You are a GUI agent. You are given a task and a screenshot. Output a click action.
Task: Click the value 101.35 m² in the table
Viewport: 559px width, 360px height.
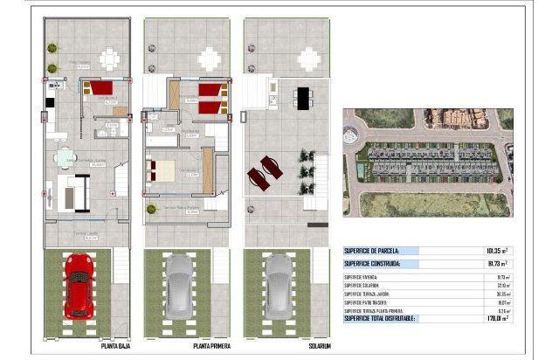pyautogui.click(x=495, y=250)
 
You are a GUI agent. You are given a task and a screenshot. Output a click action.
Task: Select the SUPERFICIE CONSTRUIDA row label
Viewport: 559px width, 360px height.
pyautogui.click(x=372, y=263)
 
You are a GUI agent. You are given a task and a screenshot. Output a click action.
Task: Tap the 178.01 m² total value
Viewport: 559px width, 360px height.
pyautogui.click(x=497, y=318)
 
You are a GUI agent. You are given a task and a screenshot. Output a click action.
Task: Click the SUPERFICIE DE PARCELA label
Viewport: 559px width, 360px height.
pyautogui.click(x=371, y=250)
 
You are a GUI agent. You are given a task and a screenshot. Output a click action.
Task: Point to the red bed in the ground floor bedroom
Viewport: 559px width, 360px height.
pyautogui.click(x=100, y=87)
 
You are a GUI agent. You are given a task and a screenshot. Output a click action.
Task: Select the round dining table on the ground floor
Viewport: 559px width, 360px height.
pyautogui.click(x=64, y=157)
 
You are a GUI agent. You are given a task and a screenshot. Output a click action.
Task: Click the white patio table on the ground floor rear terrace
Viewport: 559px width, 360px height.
pyautogui.click(x=110, y=59)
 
